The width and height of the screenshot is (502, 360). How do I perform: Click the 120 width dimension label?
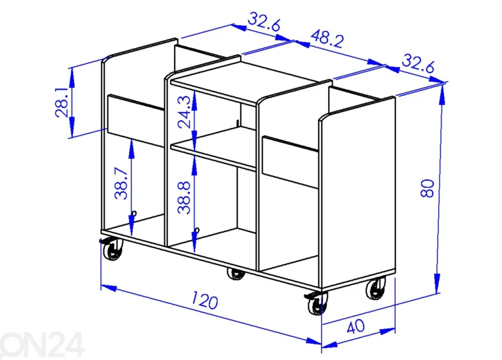[205, 300]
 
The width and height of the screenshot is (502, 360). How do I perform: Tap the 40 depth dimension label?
[356, 327]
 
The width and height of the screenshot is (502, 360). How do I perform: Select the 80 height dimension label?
[427, 188]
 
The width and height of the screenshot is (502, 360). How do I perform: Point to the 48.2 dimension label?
[327, 38]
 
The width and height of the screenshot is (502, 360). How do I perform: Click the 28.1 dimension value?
[62, 103]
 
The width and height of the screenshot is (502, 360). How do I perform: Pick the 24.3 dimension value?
[185, 112]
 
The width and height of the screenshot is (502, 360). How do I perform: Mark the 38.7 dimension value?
[122, 184]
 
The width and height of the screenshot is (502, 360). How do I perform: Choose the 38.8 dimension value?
[184, 198]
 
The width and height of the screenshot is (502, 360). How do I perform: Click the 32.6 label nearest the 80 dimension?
[418, 64]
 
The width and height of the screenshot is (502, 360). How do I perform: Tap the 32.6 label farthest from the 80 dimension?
[264, 22]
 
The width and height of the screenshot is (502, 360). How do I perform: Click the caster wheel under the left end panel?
[113, 249]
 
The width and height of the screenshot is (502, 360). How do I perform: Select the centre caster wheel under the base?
[236, 274]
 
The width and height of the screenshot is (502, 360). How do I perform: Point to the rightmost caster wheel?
[376, 288]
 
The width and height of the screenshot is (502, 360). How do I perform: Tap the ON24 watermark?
[42, 345]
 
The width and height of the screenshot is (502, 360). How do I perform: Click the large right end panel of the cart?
[358, 192]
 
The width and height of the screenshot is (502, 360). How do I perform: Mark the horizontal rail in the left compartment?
[136, 120]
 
